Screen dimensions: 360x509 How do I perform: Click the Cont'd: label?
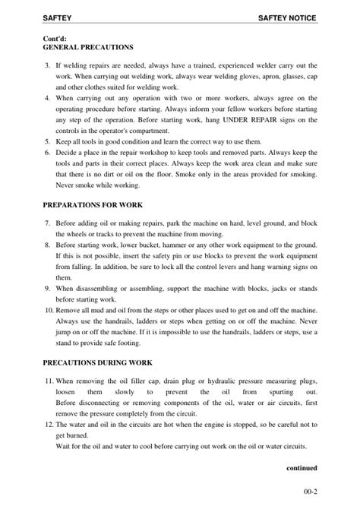(55, 36)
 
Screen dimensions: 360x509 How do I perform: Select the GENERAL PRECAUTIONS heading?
(87, 46)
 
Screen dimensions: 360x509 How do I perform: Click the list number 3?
(48, 67)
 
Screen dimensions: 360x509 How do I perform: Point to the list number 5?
(48, 141)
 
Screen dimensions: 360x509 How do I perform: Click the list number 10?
(47, 311)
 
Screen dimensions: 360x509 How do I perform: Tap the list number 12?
(47, 425)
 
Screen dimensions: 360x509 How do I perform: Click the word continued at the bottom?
(302, 468)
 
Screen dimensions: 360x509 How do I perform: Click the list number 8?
(48, 246)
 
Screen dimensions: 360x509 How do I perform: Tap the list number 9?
(48, 289)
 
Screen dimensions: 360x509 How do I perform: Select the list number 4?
(48, 99)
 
